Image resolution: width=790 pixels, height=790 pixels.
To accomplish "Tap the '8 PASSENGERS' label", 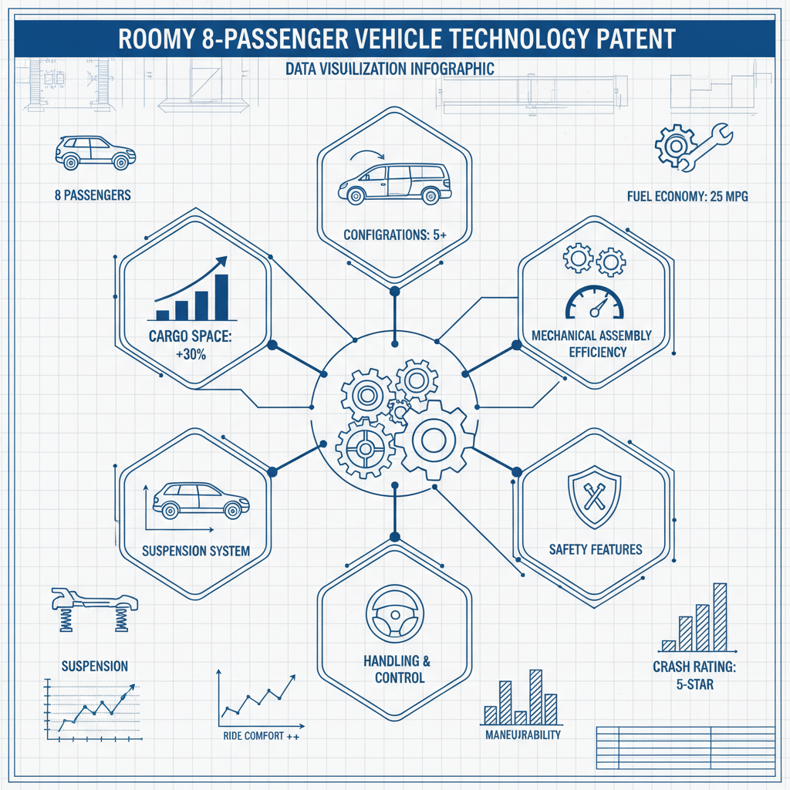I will click(93, 195).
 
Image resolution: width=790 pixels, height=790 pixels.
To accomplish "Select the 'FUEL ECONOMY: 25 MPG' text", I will click(687, 197).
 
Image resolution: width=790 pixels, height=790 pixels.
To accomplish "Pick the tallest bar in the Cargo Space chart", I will click(221, 296).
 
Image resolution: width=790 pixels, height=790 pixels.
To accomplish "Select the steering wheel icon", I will click(394, 613).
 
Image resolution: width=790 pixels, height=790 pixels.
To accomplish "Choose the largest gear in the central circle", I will click(430, 441).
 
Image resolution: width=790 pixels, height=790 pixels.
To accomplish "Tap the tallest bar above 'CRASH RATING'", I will click(720, 616).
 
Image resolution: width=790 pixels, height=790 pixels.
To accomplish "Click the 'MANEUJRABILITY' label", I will click(522, 734).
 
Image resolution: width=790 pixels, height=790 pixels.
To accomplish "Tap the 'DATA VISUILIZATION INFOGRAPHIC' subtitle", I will click(389, 69).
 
